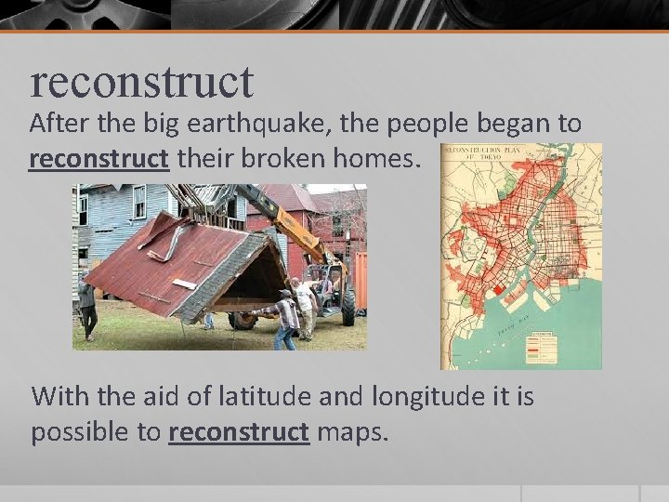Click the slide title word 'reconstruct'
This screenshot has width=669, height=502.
141,82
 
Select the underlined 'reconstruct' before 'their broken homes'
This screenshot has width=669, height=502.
98,159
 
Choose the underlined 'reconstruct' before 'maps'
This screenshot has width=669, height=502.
239,433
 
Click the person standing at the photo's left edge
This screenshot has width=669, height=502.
86,309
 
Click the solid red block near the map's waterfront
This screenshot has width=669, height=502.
498,291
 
